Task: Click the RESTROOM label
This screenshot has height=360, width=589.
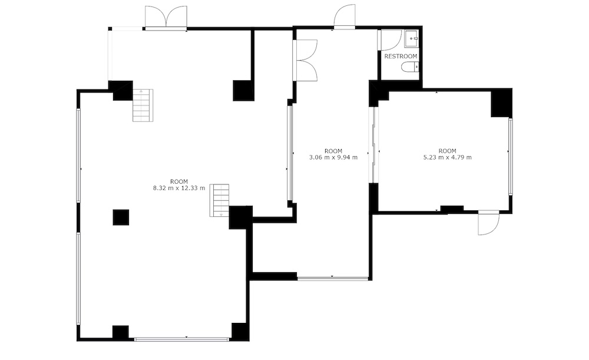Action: tap(401, 57)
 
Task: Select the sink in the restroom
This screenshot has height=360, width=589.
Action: tap(411, 38)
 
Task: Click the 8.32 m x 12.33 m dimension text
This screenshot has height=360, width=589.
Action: tap(179, 188)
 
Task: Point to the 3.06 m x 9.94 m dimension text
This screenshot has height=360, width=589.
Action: tap(333, 157)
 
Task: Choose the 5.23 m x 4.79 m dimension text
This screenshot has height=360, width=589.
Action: tap(448, 157)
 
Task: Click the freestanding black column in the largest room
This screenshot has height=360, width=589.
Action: tap(121, 217)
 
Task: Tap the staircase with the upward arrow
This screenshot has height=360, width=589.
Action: tap(143, 105)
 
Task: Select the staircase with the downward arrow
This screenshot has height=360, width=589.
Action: tap(219, 200)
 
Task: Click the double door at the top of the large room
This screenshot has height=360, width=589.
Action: tap(166, 18)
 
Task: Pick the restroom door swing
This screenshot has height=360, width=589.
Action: tap(390, 40)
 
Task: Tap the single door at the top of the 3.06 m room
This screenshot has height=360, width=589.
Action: tap(345, 16)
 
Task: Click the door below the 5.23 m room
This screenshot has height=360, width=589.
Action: tap(488, 223)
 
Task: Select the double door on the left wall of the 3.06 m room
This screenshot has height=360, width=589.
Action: tap(305, 60)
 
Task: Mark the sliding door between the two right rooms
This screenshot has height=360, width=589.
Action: tap(374, 145)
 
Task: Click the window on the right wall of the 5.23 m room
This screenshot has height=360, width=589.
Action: tap(511, 156)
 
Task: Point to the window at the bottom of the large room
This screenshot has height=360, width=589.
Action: tap(181, 339)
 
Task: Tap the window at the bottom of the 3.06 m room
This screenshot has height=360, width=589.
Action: tap(332, 279)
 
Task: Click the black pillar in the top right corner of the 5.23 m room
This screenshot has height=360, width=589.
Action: tap(501, 103)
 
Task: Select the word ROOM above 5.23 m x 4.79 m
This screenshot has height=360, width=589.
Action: tap(448, 151)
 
